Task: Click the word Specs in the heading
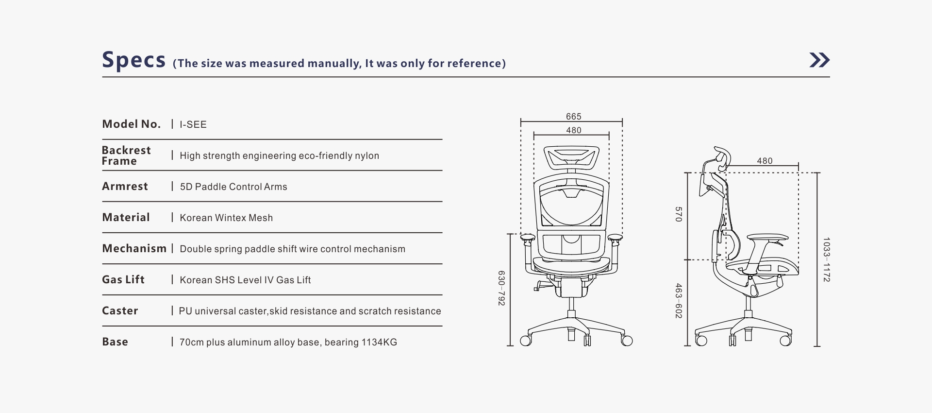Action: point(134,61)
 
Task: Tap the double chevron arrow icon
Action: point(819,60)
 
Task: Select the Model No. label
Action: point(131,124)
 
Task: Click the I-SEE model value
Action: point(193,124)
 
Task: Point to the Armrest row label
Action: point(125,186)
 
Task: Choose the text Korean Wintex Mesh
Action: point(226,218)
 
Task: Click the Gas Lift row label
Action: point(123,279)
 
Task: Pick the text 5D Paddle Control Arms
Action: point(233,187)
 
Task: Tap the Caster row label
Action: point(120,310)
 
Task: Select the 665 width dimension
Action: point(573,117)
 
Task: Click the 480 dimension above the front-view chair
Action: point(573,130)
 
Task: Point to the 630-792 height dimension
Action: point(501,288)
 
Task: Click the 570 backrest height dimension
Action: point(679,214)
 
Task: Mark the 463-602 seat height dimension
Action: point(679,301)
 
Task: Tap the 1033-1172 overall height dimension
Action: point(826,259)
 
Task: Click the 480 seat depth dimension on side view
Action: point(765,161)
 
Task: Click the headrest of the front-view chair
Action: point(571,157)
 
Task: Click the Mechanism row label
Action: point(134,248)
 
